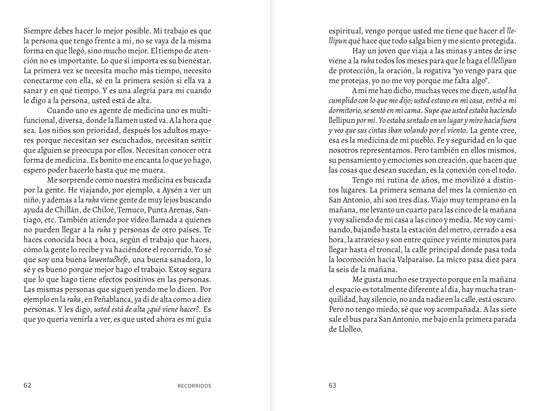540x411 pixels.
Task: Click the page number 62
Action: coord(27,385)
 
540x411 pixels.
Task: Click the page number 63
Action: coord(332,385)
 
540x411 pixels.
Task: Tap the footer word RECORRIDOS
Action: coord(194,386)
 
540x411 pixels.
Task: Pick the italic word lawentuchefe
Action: coord(108,260)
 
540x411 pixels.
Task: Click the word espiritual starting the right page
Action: coord(345,31)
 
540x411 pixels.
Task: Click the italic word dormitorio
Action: coord(344,111)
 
